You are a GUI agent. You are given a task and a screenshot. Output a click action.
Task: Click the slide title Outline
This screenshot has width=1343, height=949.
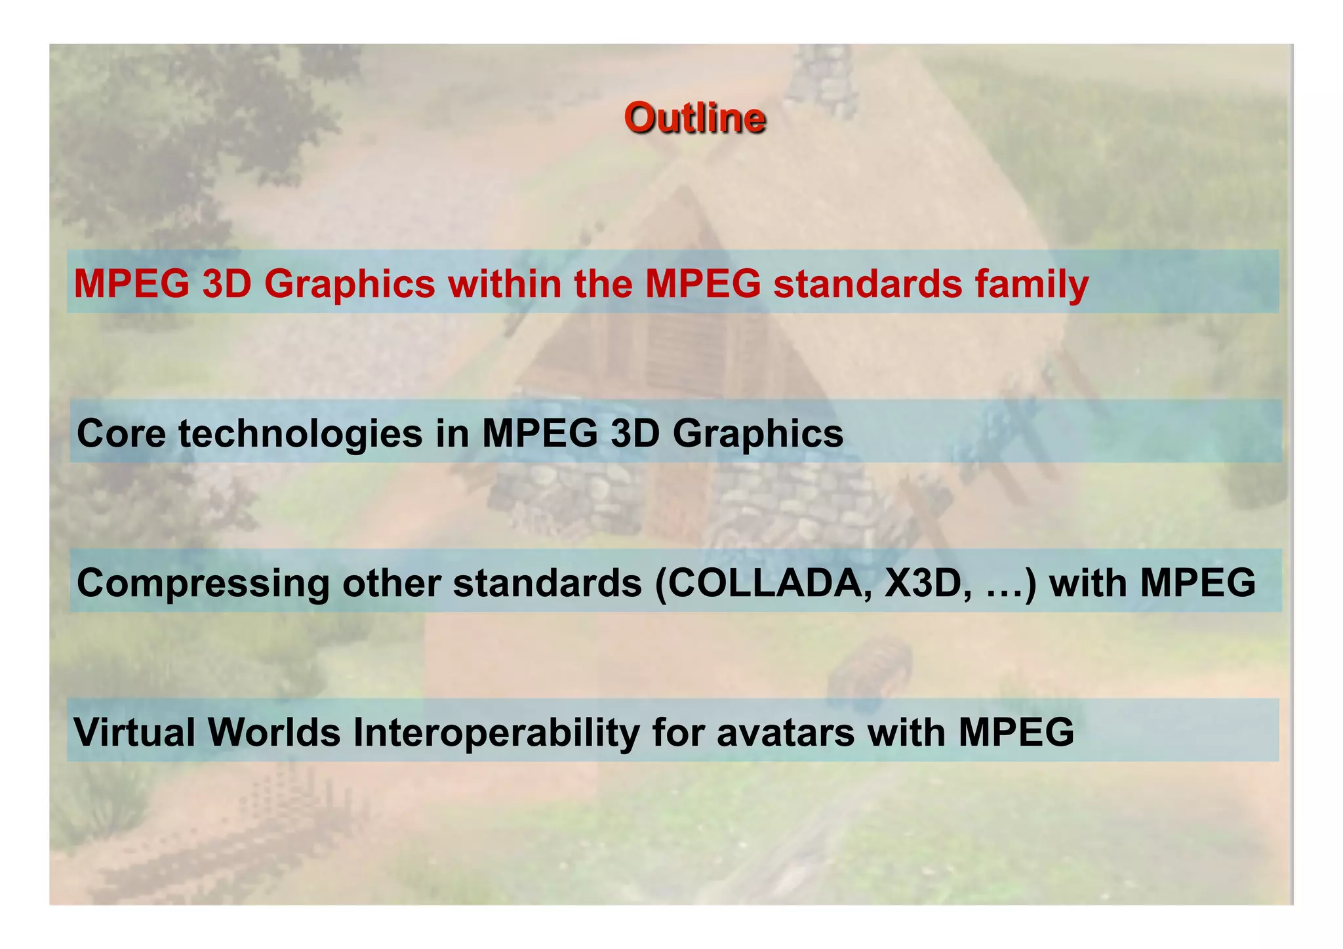694,118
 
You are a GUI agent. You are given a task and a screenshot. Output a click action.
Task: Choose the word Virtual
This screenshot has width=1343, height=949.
134,732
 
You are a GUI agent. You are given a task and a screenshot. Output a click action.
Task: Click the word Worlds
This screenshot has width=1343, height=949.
274,732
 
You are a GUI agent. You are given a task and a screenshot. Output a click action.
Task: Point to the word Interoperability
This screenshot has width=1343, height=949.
496,733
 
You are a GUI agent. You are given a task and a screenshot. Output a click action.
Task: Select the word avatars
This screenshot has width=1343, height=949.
786,732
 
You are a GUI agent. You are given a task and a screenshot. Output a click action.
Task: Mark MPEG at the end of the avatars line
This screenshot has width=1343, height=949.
1016,732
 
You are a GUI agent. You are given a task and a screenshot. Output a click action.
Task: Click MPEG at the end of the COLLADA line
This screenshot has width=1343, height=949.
1197,582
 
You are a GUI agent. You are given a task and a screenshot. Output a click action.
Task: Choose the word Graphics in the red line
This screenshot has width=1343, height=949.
350,285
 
